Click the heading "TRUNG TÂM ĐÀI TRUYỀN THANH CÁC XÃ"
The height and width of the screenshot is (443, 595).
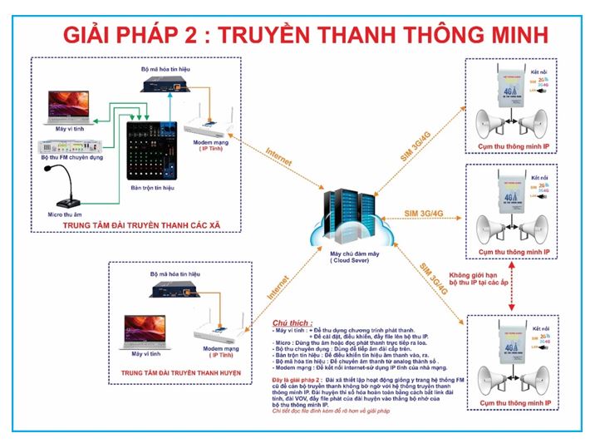(143, 224)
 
